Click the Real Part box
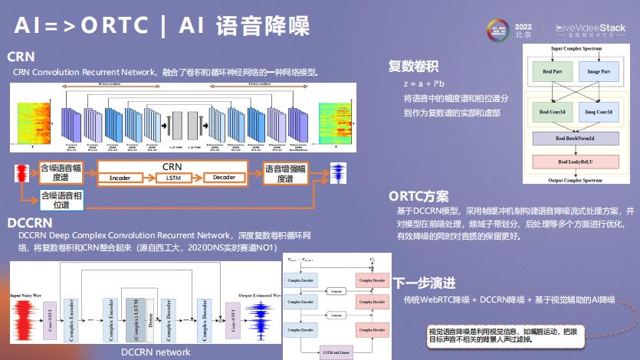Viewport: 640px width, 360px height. pyautogui.click(x=552, y=72)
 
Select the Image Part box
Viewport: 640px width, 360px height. pyautogui.click(x=599, y=72)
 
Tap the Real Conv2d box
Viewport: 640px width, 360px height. pyautogui.click(x=551, y=112)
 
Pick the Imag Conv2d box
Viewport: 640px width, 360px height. pyautogui.click(x=599, y=112)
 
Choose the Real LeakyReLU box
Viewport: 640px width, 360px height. pyautogui.click(x=576, y=162)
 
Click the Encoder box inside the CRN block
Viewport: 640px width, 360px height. pyautogui.click(x=120, y=178)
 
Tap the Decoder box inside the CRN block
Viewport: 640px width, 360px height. pyautogui.click(x=224, y=178)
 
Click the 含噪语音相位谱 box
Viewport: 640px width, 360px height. pyautogui.click(x=60, y=201)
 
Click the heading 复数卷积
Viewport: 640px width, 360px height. pyautogui.click(x=414, y=66)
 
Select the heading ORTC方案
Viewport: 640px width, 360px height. pyautogui.click(x=418, y=196)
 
